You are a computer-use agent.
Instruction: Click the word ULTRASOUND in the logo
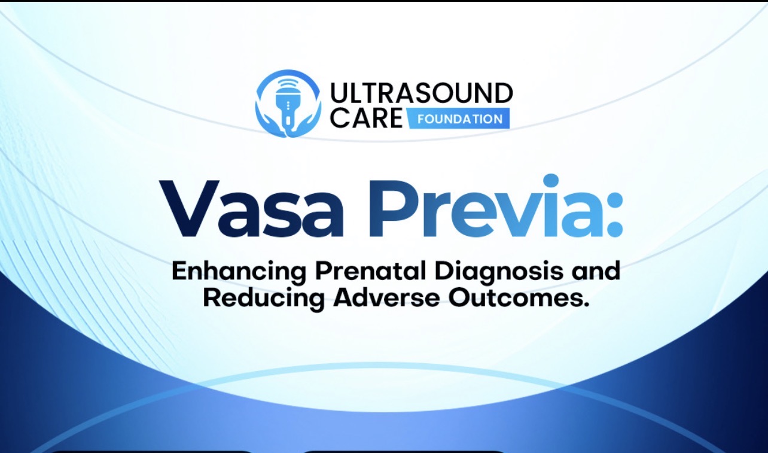coord(421,93)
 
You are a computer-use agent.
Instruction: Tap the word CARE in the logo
coord(366,118)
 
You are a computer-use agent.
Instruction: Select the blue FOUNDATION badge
coord(459,118)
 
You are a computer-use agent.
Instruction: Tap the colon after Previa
coord(612,214)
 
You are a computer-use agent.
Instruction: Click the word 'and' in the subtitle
coord(596,270)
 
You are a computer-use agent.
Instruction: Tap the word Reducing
coord(264,299)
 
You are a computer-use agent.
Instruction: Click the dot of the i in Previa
coord(551,180)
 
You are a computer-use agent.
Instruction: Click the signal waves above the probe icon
coord(288,84)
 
